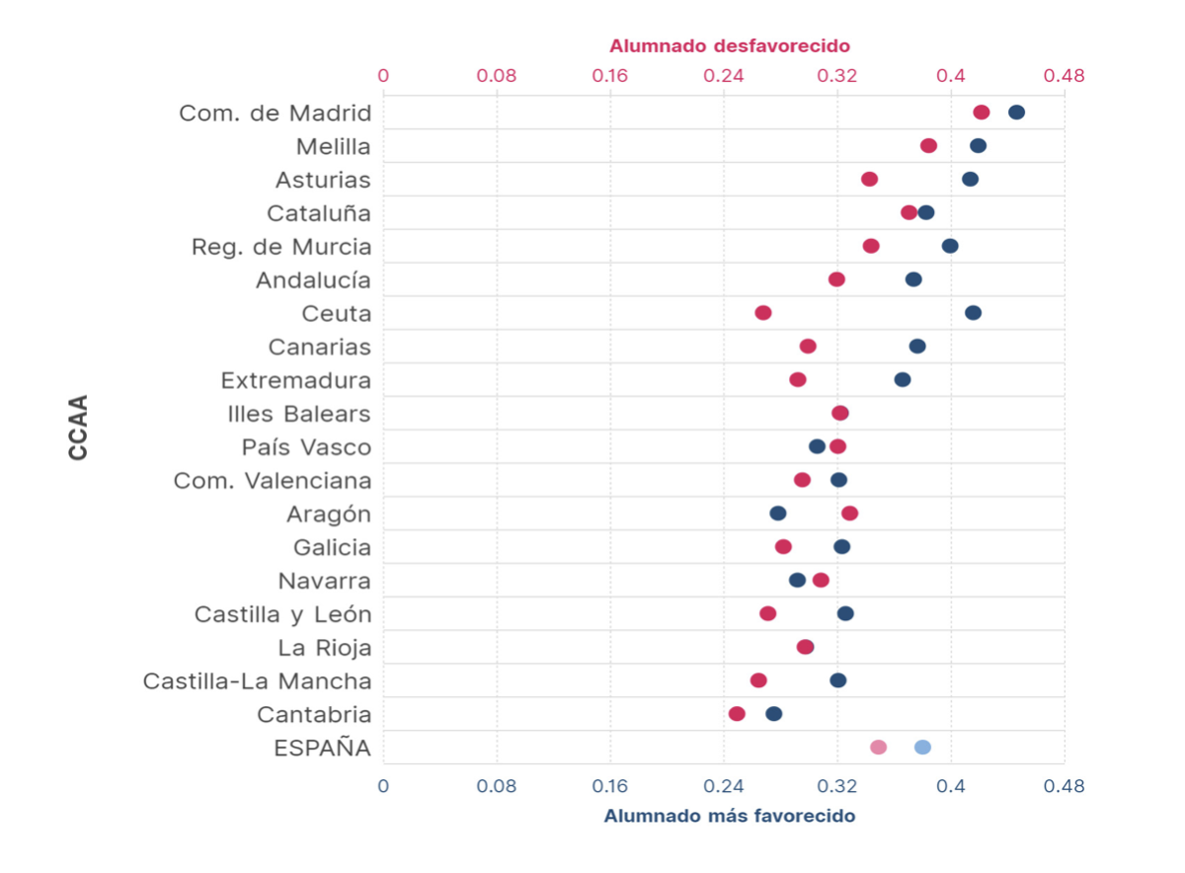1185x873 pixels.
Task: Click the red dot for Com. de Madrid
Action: pos(981,113)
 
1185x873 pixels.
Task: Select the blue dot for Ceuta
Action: pos(973,313)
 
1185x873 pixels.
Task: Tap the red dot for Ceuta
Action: pos(763,313)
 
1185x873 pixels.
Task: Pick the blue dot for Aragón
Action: pos(778,514)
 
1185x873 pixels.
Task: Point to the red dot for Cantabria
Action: pos(737,714)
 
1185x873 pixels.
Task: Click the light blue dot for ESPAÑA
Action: pos(922,748)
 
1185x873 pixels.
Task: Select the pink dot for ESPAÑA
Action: pos(878,748)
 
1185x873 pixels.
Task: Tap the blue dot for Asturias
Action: pos(971,179)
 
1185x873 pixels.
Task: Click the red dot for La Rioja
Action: pos(806,647)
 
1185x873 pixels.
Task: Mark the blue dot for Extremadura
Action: pos(903,380)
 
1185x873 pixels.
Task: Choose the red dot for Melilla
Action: pos(928,146)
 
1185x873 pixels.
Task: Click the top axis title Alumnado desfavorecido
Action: pos(730,45)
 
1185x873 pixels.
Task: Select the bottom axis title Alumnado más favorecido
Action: pos(730,817)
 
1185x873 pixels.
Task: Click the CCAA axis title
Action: pos(78,428)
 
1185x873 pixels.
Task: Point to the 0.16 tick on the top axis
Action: pos(610,75)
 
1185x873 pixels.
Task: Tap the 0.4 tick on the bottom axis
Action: pos(951,787)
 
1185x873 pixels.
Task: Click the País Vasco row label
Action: pos(307,447)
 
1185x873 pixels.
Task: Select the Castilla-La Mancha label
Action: pos(258,681)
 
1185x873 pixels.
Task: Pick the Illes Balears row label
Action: pos(299,414)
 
